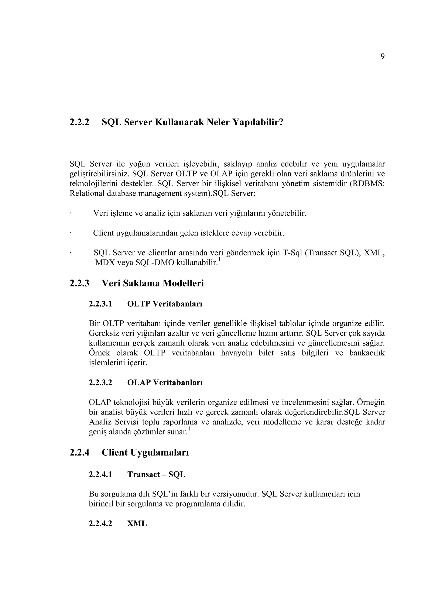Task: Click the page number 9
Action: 382,56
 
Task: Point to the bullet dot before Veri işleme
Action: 71,213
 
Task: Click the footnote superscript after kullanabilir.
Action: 219,260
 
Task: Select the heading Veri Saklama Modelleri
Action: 153,283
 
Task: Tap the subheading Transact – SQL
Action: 156,474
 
